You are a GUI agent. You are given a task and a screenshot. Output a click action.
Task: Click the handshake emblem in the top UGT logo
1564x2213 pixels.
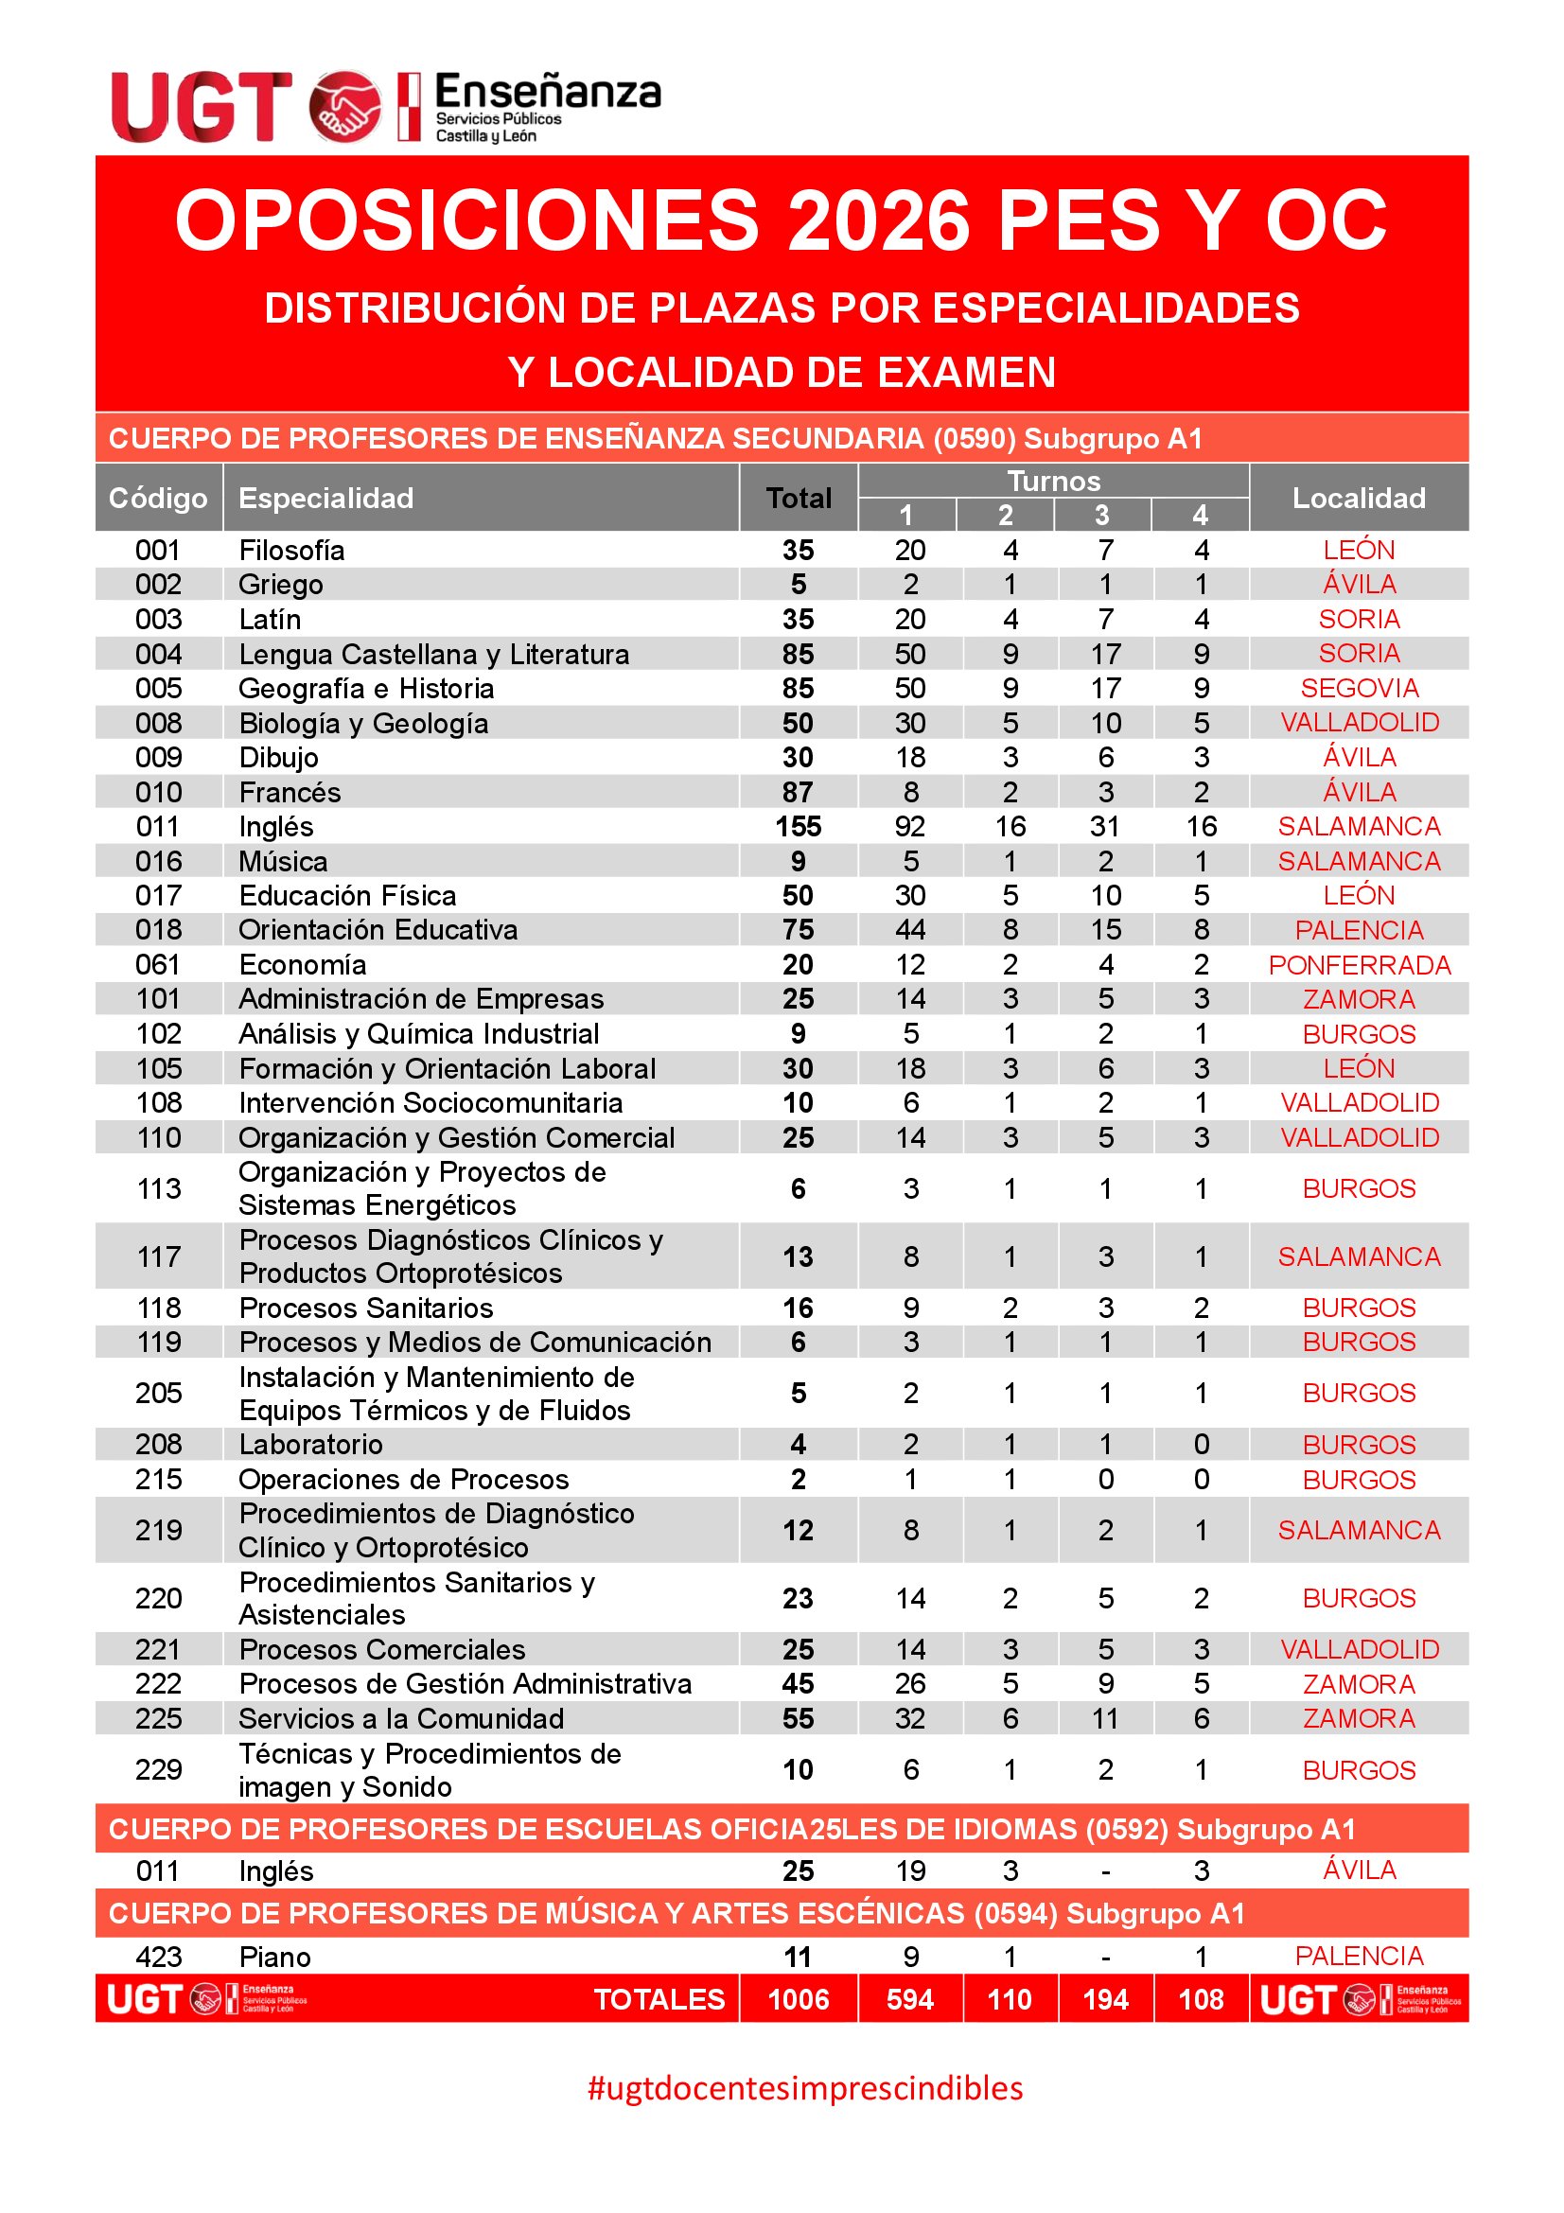pos(344,106)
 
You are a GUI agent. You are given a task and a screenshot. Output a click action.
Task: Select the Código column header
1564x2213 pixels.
pos(158,498)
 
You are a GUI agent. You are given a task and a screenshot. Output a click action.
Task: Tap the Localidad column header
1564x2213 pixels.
pos(1358,498)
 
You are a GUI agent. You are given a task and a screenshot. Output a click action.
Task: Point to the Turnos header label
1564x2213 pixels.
pos(1053,481)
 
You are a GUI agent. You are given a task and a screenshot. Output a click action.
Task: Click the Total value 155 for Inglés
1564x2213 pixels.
pos(798,826)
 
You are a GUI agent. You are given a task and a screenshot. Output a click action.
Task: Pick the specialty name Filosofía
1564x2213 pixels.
pos(291,550)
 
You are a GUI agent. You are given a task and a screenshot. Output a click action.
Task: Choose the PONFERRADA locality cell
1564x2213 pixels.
pos(1359,965)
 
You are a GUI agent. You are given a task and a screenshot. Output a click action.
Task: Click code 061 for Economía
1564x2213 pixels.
pos(158,965)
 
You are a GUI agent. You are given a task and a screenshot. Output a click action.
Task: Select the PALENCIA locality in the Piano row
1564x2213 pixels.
pos(1359,1956)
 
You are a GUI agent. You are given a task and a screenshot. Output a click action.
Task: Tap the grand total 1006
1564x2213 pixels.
pos(798,1999)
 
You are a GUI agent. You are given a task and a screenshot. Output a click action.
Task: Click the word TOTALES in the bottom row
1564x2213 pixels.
pos(659,1999)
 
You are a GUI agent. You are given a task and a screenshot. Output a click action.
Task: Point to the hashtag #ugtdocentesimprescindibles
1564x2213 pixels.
pos(804,2088)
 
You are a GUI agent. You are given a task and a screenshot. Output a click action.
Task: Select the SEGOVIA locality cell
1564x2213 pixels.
pos(1359,688)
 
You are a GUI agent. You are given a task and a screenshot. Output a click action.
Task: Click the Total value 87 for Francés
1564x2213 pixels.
pos(798,792)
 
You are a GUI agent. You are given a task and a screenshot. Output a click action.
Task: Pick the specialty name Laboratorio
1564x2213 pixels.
pos(310,1444)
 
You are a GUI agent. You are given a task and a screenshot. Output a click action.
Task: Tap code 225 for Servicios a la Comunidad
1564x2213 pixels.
pos(158,1717)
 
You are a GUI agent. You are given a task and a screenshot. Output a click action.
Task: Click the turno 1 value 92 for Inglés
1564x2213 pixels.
pos(909,826)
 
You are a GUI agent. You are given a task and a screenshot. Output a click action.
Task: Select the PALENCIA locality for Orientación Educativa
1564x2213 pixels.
pos(1359,930)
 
